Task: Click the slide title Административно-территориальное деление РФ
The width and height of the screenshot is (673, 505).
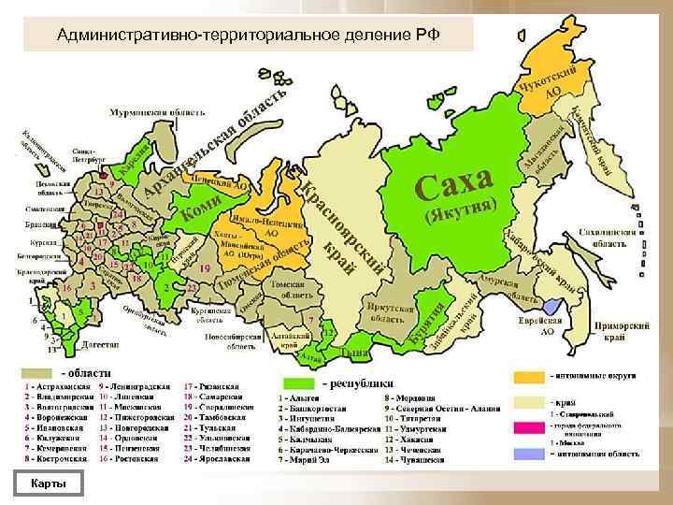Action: [x=247, y=36]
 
